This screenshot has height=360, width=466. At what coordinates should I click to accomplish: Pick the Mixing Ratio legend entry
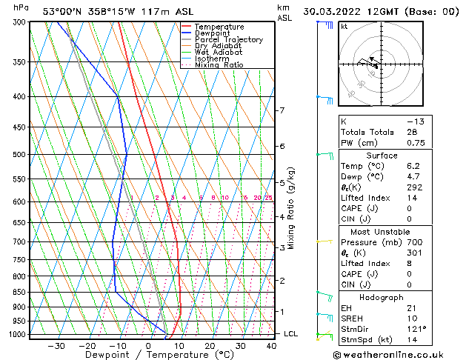(x=219, y=64)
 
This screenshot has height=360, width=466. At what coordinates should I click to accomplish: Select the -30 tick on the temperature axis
(x=56, y=345)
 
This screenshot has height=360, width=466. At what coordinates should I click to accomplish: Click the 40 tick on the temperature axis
(x=272, y=345)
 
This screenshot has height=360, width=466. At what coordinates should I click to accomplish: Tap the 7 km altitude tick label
(x=281, y=110)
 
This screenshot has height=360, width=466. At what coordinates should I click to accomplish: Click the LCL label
(x=291, y=334)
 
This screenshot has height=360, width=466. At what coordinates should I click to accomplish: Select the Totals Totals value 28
(x=412, y=132)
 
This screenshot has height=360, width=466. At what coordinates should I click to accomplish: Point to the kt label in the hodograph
(x=344, y=26)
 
